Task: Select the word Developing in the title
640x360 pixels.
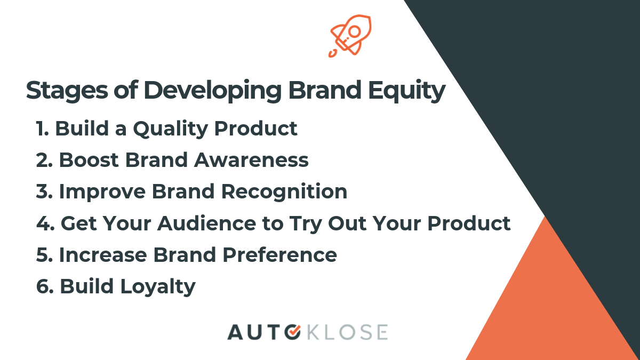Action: click(x=212, y=91)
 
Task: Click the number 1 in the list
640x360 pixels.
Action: click(x=42, y=129)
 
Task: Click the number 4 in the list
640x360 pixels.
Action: click(x=43, y=223)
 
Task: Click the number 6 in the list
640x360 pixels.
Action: click(x=43, y=286)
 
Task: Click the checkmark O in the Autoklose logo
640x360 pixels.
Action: click(x=292, y=332)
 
